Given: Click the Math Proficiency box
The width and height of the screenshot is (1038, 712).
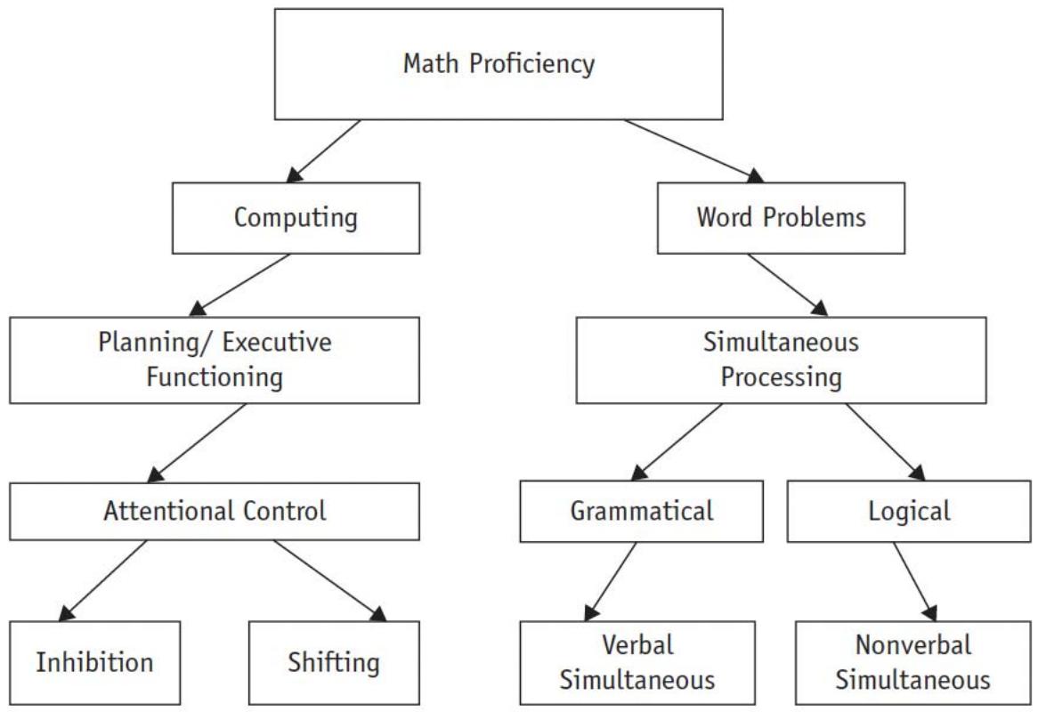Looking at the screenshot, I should tap(499, 64).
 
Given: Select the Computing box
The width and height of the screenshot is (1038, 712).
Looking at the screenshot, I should tap(296, 217).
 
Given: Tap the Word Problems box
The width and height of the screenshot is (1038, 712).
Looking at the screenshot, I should tap(780, 217).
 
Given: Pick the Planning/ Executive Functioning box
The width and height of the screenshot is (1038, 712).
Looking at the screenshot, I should tap(215, 359).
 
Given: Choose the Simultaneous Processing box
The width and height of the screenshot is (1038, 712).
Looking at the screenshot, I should tap(781, 359).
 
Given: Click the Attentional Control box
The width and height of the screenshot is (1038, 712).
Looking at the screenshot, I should tap(215, 511).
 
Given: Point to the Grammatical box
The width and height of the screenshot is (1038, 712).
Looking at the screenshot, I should tap(641, 511).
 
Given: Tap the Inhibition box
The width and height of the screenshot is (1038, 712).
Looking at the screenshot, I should tap(94, 662).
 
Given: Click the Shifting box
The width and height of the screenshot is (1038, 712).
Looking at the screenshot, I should tap(333, 662).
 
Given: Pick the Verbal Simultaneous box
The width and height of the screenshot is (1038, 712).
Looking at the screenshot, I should tap(637, 662).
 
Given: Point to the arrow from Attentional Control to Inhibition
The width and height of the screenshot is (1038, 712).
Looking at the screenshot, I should tap(102, 580).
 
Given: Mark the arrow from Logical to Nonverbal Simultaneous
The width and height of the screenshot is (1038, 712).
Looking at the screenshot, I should tap(915, 580).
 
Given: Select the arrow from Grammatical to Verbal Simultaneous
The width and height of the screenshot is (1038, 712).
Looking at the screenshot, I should tap(611, 580).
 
